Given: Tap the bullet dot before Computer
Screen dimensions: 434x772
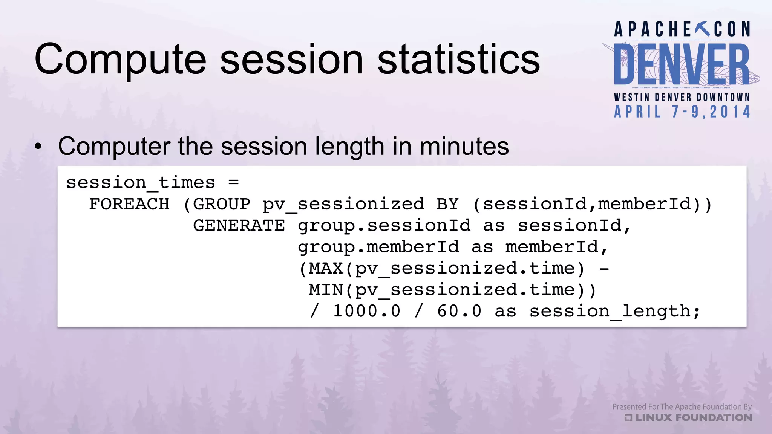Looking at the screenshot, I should pos(38,147).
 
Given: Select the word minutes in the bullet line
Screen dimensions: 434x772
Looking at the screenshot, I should pos(464,146).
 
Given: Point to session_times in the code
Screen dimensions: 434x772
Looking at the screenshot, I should pos(141,183).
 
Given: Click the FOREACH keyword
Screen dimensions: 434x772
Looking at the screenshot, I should pos(129,204).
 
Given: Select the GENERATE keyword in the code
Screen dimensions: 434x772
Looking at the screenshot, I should pos(239,226).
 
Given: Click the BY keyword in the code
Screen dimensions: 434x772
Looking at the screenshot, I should pos(447,204).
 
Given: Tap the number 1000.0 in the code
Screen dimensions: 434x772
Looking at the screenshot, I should pos(366,311).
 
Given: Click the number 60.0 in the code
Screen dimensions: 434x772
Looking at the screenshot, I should pos(459,311).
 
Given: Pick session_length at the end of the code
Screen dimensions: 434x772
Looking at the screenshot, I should pos(614,312).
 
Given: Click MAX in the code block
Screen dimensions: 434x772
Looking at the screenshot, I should pos(326,269).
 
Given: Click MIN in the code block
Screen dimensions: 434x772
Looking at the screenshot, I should pos(326,290).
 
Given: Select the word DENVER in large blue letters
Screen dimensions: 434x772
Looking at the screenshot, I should pos(682,65).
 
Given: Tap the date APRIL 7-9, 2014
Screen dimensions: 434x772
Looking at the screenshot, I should pos(682,112).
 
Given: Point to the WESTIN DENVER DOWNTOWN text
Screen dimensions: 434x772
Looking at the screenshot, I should pos(682,97).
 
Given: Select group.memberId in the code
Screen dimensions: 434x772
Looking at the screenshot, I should pos(378,247).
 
